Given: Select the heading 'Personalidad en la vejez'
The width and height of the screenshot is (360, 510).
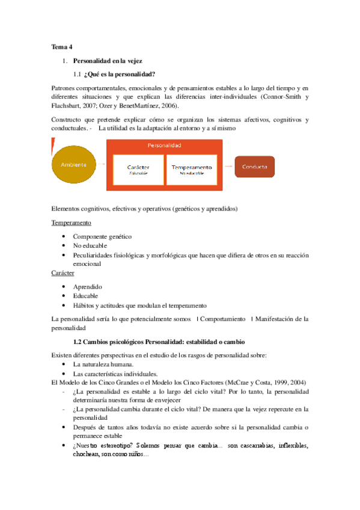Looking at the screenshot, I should click(x=108, y=61).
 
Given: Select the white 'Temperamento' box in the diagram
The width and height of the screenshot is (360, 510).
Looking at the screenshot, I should click(x=192, y=169).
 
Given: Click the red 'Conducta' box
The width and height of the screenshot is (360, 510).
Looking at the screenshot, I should click(x=255, y=167).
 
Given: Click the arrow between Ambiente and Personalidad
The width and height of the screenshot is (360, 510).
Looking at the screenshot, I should click(x=103, y=164).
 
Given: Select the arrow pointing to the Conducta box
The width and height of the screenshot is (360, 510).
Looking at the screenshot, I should click(x=228, y=165).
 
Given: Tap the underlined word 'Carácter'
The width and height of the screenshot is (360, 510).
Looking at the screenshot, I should click(x=63, y=272).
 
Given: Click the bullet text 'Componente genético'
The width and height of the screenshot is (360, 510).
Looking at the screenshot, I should click(x=102, y=236).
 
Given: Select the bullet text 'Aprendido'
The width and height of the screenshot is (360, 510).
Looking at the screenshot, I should click(x=88, y=286).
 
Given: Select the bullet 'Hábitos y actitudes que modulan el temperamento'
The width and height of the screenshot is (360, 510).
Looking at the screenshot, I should click(x=139, y=305).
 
